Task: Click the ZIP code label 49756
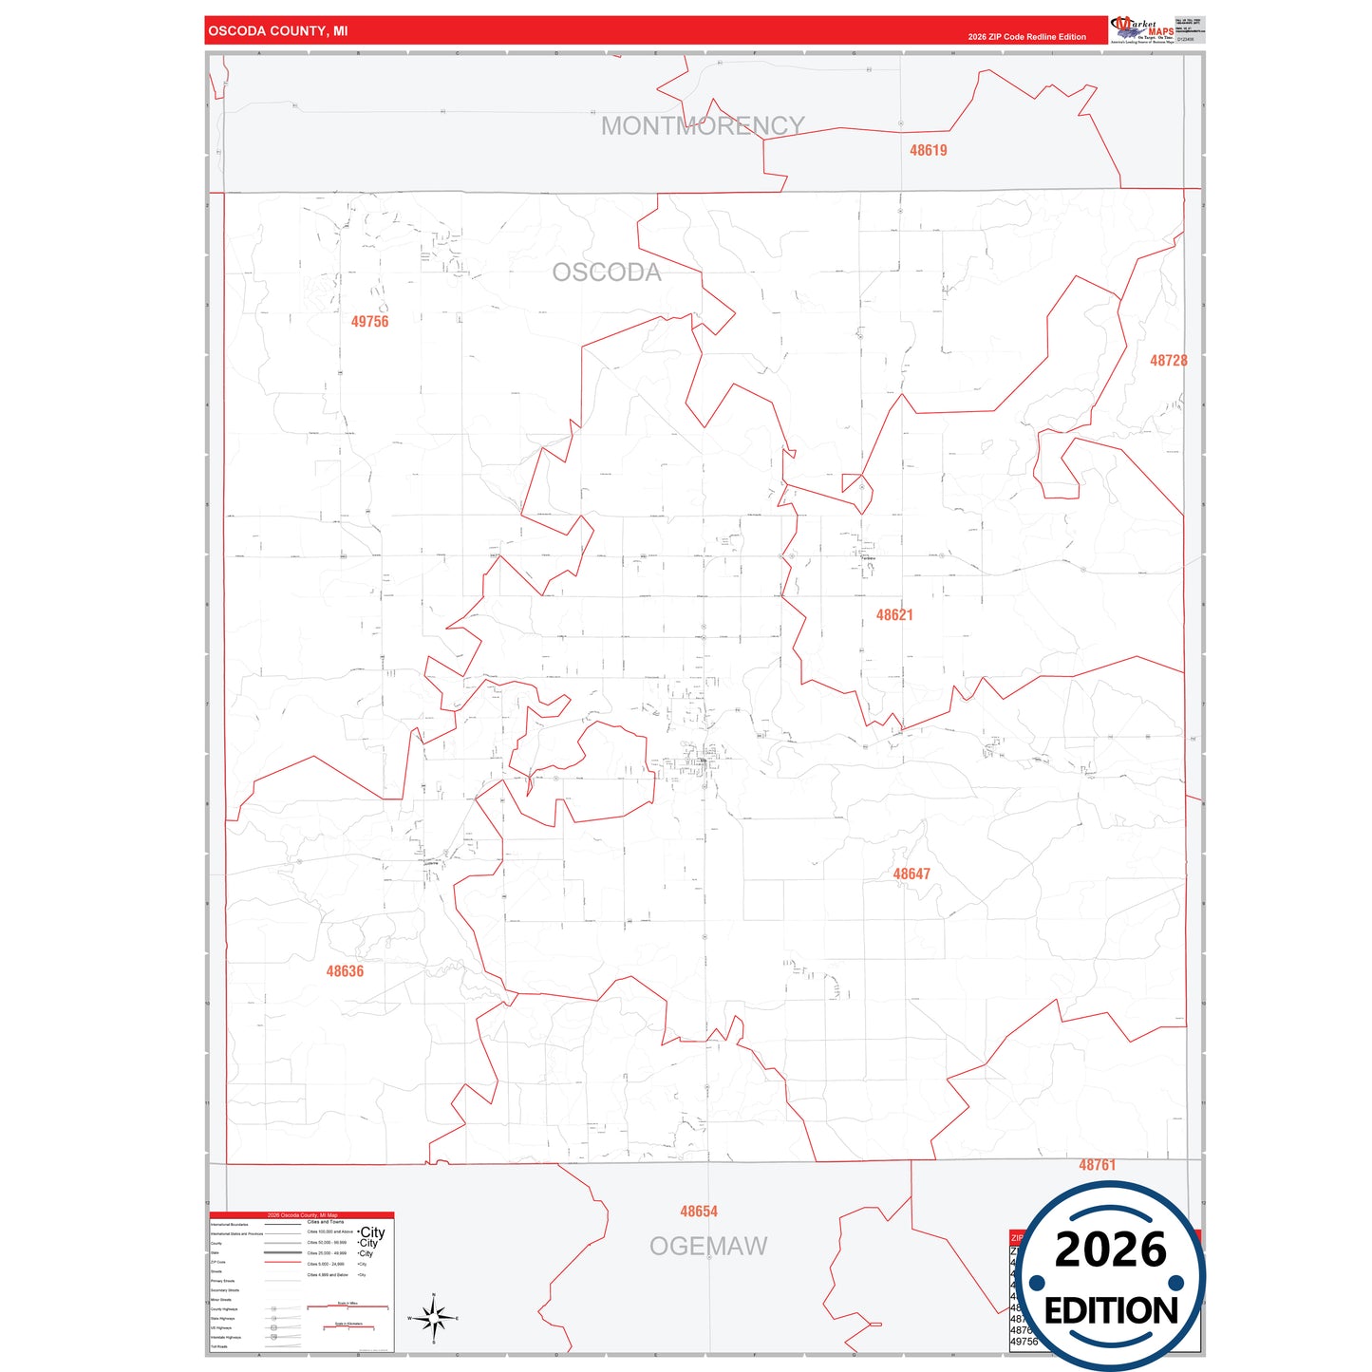coord(369,322)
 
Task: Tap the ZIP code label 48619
coord(928,150)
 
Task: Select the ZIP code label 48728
coord(1168,361)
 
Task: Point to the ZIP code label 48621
coord(894,615)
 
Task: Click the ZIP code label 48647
coord(912,874)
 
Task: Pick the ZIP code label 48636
coord(345,971)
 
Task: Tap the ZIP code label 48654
coord(699,1212)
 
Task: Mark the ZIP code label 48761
coord(1097,1165)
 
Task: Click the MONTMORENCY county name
coord(703,125)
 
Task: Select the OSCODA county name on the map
coord(607,273)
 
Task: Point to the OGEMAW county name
coord(708,1247)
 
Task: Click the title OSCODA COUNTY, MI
coord(278,31)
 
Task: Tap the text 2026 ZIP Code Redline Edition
coord(1026,37)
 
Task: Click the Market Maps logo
coord(1142,29)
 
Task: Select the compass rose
coord(434,1318)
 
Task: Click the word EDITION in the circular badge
coord(1111,1311)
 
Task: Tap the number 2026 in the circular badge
coord(1110,1250)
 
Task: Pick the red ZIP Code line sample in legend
coord(283,1263)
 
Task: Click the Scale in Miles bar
coord(348,1307)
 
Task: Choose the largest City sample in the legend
coord(372,1232)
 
